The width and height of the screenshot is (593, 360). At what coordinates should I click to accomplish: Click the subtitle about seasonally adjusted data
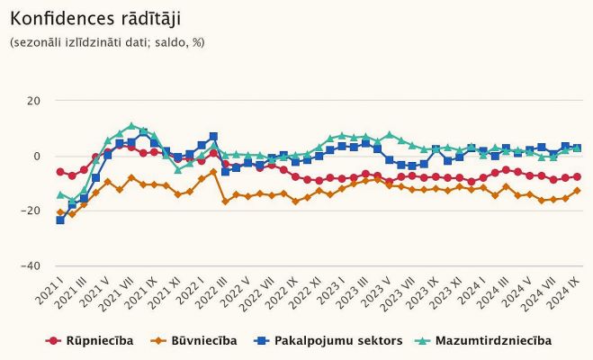[106, 42]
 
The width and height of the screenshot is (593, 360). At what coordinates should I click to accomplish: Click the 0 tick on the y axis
[37, 156]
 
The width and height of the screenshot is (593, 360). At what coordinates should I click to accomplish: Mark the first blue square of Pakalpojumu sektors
[61, 220]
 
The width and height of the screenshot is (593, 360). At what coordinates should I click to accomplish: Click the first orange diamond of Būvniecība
[61, 212]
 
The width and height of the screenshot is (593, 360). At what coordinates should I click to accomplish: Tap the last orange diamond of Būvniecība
[577, 191]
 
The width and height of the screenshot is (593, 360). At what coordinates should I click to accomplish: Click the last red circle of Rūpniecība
[577, 176]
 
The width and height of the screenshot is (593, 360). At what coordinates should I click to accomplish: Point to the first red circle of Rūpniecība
[61, 172]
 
